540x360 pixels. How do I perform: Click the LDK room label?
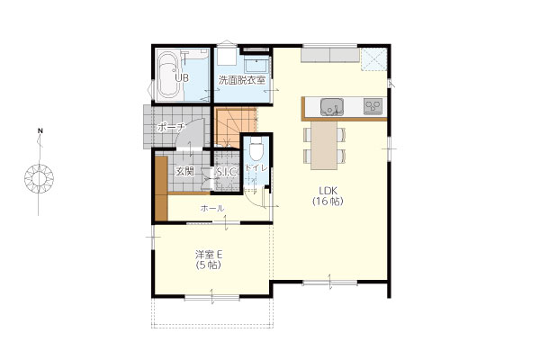pos(328,191)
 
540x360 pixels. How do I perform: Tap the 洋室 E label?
pos(209,255)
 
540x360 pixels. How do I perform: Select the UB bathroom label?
pos(182,78)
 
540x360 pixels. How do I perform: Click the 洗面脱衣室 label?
pos(242,80)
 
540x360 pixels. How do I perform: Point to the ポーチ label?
pos(170,128)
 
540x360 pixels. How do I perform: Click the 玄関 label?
pos(184,171)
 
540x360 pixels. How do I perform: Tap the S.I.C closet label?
pos(226,172)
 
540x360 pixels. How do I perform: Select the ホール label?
pos(212,209)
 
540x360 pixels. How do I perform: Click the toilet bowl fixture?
pos(256,148)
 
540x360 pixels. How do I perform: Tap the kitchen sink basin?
pos(331,107)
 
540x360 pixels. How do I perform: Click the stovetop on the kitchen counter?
pos(373,106)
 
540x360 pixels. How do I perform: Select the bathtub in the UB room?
pos(168,76)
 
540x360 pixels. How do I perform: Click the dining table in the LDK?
pos(324,145)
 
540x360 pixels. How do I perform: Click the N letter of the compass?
pos(40,130)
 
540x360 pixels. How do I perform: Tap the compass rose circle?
pos(40,179)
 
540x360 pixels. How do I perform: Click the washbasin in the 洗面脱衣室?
pos(256,65)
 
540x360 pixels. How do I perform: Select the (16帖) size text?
pos(328,202)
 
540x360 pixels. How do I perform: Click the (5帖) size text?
pos(209,265)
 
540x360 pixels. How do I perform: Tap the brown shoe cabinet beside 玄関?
pos(161,188)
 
